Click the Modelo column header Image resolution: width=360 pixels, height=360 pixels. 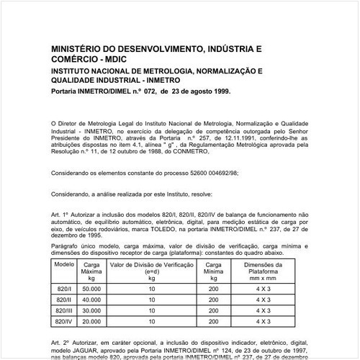coord(65,265)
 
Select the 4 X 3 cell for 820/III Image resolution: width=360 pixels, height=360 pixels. coord(273,310)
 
